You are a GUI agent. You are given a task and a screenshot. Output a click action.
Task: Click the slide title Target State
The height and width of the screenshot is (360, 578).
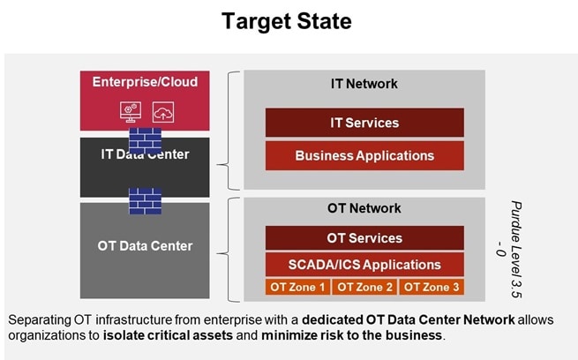point(289,21)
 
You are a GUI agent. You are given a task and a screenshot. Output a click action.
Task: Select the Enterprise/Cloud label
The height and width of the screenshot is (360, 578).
point(145,82)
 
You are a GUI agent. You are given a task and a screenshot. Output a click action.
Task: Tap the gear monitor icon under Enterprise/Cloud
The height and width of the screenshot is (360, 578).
point(129,112)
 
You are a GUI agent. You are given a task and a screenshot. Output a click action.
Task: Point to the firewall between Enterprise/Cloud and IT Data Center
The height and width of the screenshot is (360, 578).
point(145,139)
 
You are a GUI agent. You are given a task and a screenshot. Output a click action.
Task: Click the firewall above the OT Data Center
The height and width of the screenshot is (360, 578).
point(145,201)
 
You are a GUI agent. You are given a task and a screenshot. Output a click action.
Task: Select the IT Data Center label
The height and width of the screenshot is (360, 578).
point(144,155)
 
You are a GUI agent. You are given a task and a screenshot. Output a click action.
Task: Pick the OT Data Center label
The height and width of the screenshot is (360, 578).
point(145,245)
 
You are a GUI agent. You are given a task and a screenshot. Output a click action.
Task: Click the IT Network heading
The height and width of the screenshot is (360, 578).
point(364,84)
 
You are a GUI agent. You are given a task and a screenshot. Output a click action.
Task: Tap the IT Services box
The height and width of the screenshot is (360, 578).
point(364,123)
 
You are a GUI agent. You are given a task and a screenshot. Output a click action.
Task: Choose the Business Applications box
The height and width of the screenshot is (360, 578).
point(364,156)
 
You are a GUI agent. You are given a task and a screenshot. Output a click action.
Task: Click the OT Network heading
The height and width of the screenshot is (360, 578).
point(364,208)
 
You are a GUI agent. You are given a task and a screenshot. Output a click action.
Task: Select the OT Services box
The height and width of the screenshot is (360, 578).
point(364,238)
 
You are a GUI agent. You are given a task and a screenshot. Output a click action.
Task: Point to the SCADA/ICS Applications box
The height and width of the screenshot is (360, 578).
point(364,264)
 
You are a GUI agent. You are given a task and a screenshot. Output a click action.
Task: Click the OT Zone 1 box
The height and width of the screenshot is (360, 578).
point(297,287)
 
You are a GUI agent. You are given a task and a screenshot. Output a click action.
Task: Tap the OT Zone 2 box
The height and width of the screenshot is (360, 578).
point(364,287)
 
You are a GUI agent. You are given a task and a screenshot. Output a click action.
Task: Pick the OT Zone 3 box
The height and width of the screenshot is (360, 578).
point(432,287)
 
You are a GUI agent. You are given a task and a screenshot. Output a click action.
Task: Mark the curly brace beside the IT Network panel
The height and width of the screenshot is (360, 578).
point(231,131)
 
